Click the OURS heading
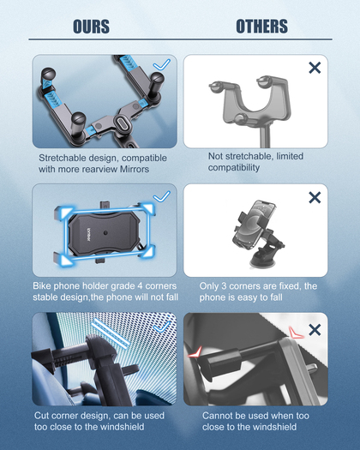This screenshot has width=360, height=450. (x=92, y=27)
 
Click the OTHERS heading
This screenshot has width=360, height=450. (x=261, y=27)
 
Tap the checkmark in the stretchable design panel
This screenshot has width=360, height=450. (x=162, y=65)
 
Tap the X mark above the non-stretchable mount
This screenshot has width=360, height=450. (x=315, y=68)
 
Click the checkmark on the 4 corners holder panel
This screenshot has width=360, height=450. (x=162, y=196)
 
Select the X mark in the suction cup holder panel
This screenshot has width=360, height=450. (x=315, y=197)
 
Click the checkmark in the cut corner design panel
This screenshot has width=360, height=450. (x=162, y=327)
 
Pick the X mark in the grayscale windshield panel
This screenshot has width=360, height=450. (x=315, y=330)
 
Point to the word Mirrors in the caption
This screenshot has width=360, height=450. (x=135, y=169)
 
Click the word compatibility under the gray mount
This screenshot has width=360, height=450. (x=234, y=168)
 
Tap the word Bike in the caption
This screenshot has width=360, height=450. (x=42, y=285)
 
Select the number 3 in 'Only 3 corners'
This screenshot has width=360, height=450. (x=224, y=286)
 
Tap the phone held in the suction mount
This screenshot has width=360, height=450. (x=253, y=225)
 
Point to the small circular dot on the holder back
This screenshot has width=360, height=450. (x=105, y=232)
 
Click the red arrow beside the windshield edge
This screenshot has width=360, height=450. (x=296, y=333)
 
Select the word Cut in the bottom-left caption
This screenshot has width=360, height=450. (x=41, y=416)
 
